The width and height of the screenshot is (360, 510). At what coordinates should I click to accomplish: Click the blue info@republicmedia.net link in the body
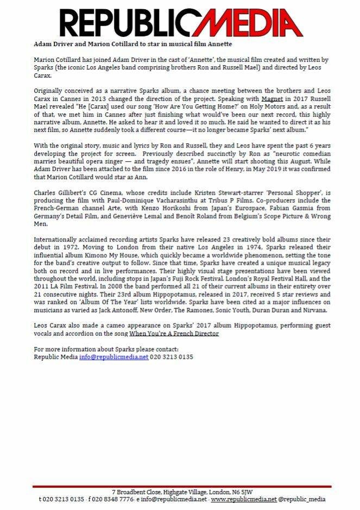113,358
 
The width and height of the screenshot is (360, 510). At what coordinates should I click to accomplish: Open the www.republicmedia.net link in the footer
243,499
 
